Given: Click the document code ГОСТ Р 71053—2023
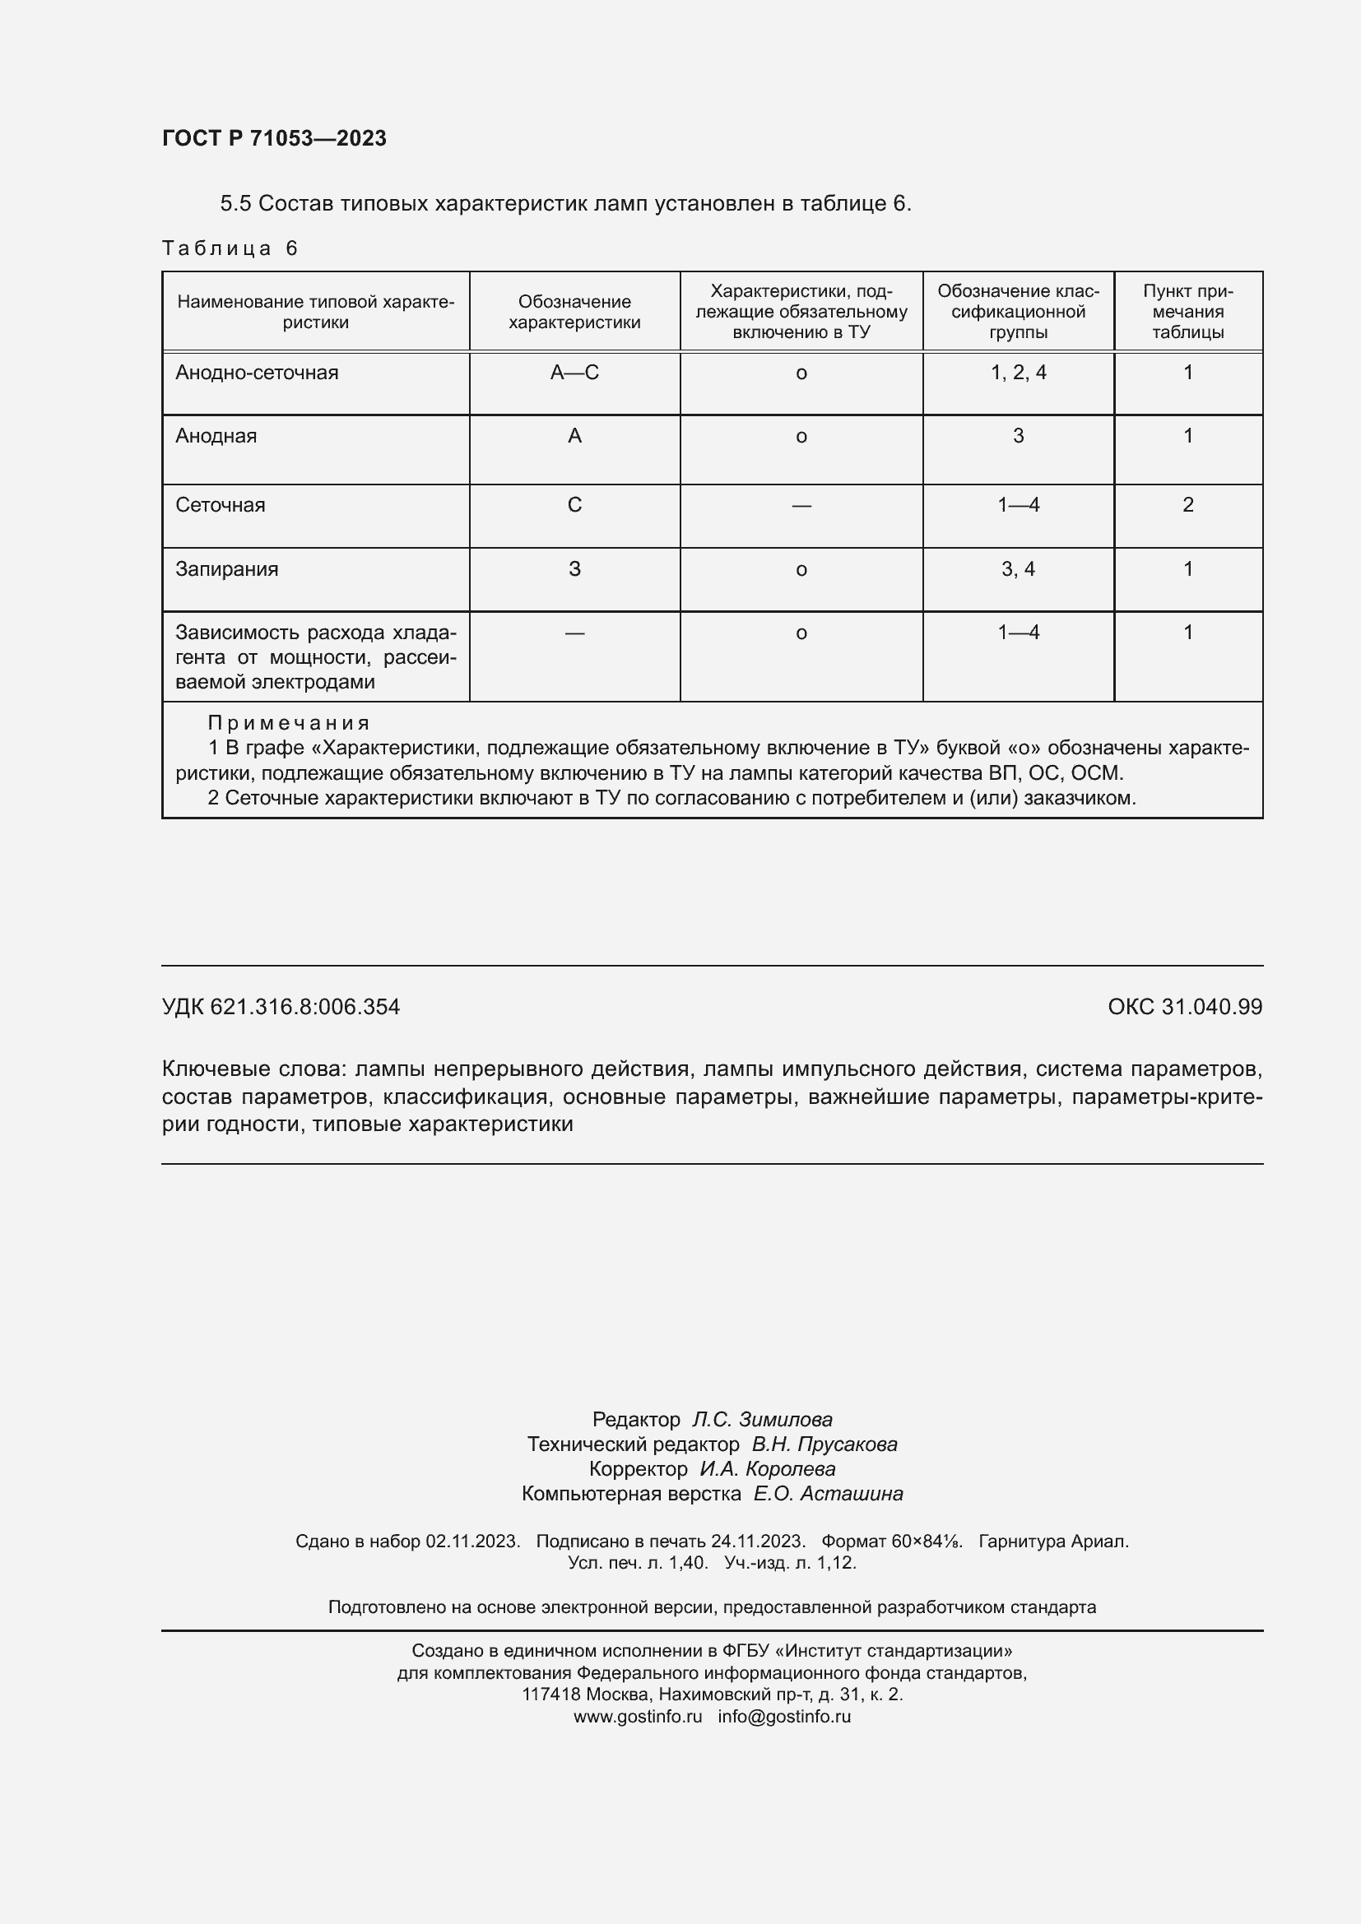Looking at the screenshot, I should (274, 138).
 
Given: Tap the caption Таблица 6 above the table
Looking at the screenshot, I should (230, 248).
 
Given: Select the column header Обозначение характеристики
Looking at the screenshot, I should (574, 312).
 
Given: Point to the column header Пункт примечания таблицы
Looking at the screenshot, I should (1187, 312).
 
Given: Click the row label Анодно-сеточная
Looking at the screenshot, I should (257, 373).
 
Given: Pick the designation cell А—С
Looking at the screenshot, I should (574, 373).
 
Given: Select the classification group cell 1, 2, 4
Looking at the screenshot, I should (1018, 373).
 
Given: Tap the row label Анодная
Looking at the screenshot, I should (216, 436).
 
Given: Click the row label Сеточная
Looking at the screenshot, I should (221, 505).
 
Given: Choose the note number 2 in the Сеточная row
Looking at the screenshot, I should (1187, 505).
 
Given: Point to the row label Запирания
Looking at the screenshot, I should (226, 569).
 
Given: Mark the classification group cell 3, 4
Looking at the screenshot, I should (1018, 569).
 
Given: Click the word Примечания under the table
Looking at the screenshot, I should (288, 722).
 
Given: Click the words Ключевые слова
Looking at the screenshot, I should (252, 1069).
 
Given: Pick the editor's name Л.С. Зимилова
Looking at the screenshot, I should (762, 1420).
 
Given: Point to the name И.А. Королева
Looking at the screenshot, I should (767, 1469).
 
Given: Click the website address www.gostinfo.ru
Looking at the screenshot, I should (637, 1716).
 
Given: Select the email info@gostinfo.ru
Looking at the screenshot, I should (783, 1716).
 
